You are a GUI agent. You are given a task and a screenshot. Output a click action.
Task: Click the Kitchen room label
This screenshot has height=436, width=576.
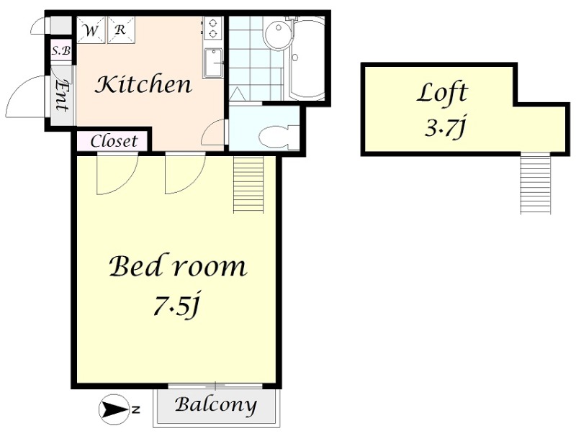[143, 84]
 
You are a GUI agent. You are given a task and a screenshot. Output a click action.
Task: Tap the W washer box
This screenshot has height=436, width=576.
[91, 29]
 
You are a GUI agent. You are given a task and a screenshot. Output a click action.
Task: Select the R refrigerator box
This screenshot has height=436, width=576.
[121, 29]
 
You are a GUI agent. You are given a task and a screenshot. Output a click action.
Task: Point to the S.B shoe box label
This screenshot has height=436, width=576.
[61, 50]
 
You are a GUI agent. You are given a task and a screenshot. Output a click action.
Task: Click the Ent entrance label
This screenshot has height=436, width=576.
[61, 96]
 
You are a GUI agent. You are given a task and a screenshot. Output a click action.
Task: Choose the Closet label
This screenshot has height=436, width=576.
[114, 141]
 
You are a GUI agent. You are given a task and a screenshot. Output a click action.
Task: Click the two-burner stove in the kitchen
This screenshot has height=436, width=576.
[212, 28]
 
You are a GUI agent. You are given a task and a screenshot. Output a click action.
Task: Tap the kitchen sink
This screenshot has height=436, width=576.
[212, 63]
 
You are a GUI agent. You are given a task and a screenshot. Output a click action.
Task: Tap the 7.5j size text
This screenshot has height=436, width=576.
[176, 305]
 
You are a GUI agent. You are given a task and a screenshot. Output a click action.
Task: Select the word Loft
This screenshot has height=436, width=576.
[442, 94]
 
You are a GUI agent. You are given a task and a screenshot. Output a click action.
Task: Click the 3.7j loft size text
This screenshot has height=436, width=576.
[445, 128]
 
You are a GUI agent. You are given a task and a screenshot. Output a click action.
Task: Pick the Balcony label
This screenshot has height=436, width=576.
[215, 405]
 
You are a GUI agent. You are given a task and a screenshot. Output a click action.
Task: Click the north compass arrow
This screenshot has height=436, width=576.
[114, 409]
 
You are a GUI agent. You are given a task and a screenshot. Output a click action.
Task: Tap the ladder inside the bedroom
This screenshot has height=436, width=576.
[248, 184]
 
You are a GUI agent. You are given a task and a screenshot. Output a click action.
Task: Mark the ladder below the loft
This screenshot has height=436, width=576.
[536, 183]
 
